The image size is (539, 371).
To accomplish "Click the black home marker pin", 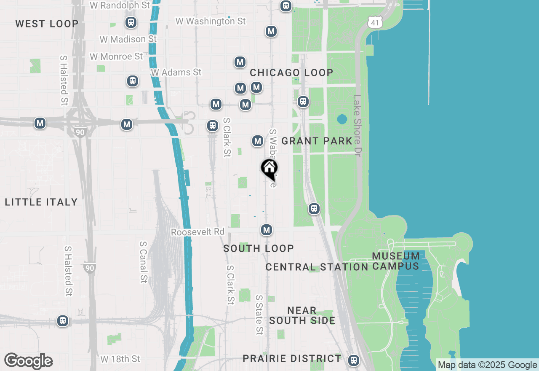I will pyautogui.click(x=269, y=169).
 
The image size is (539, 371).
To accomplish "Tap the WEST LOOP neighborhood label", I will pyautogui.click(x=47, y=24).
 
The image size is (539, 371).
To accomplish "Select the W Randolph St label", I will pyautogui.click(x=120, y=5).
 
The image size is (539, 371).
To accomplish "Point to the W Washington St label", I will pyautogui.click(x=211, y=21).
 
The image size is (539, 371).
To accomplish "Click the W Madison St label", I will pyautogui.click(x=128, y=39).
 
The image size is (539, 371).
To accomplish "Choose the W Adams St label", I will pyautogui.click(x=176, y=73).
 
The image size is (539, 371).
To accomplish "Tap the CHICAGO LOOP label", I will pyautogui.click(x=291, y=73).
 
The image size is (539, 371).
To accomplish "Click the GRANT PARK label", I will pyautogui.click(x=317, y=141).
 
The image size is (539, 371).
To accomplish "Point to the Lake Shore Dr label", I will pyautogui.click(x=357, y=126).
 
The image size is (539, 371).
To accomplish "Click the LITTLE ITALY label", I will pyautogui.click(x=41, y=202).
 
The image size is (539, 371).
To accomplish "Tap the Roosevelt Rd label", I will pyautogui.click(x=198, y=232).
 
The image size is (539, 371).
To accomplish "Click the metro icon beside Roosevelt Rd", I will pyautogui.click(x=266, y=230).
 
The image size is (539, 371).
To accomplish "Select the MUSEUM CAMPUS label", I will pyautogui.click(x=396, y=261).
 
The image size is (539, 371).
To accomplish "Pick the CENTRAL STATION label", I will pyautogui.click(x=317, y=267).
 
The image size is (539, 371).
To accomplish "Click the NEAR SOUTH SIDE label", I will pyautogui.click(x=302, y=315).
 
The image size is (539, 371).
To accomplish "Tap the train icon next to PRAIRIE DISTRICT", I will pyautogui.click(x=354, y=360).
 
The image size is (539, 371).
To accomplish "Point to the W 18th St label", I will pyautogui.click(x=120, y=359).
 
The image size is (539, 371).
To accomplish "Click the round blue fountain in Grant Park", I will pyautogui.click(x=342, y=119).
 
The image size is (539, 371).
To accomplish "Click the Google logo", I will pyautogui.click(x=28, y=361).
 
